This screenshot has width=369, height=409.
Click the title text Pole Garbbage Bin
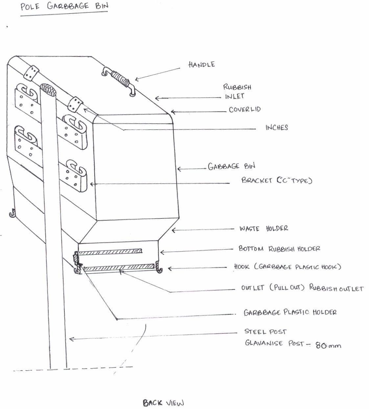tap(64, 6)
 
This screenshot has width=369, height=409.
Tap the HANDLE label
tap(201, 64)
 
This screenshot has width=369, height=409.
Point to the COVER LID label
tap(244, 109)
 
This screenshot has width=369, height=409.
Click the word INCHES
tap(276, 127)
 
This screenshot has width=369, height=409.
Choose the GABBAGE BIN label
tap(231, 166)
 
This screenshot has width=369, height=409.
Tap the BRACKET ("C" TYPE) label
tap(276, 180)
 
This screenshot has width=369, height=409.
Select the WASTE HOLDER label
tap(264, 228)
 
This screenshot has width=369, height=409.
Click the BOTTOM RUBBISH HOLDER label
tap(279, 249)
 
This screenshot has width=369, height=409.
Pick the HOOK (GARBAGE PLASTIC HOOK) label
tap(287, 266)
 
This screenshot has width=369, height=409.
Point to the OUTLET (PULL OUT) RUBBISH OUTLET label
tap(302, 288)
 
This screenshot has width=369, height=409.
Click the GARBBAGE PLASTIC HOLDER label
tap(290, 312)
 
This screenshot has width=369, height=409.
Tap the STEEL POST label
tap(265, 331)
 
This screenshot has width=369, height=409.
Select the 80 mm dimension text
tap(328, 345)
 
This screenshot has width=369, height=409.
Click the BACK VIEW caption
tap(163, 403)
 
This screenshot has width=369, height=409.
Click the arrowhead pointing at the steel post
tap(70, 339)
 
